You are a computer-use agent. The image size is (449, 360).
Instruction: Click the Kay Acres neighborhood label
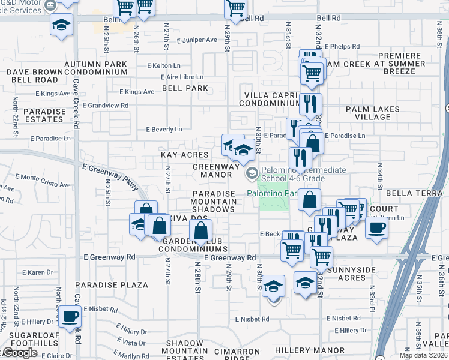tap(185, 154)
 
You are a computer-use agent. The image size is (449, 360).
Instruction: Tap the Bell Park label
tap(185, 88)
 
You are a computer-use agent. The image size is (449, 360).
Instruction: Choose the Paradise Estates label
tap(44, 115)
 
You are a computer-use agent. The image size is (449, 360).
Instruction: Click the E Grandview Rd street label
tap(106, 106)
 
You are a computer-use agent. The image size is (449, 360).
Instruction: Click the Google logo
tap(20, 353)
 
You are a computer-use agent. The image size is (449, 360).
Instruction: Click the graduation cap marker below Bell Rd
tap(60, 26)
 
